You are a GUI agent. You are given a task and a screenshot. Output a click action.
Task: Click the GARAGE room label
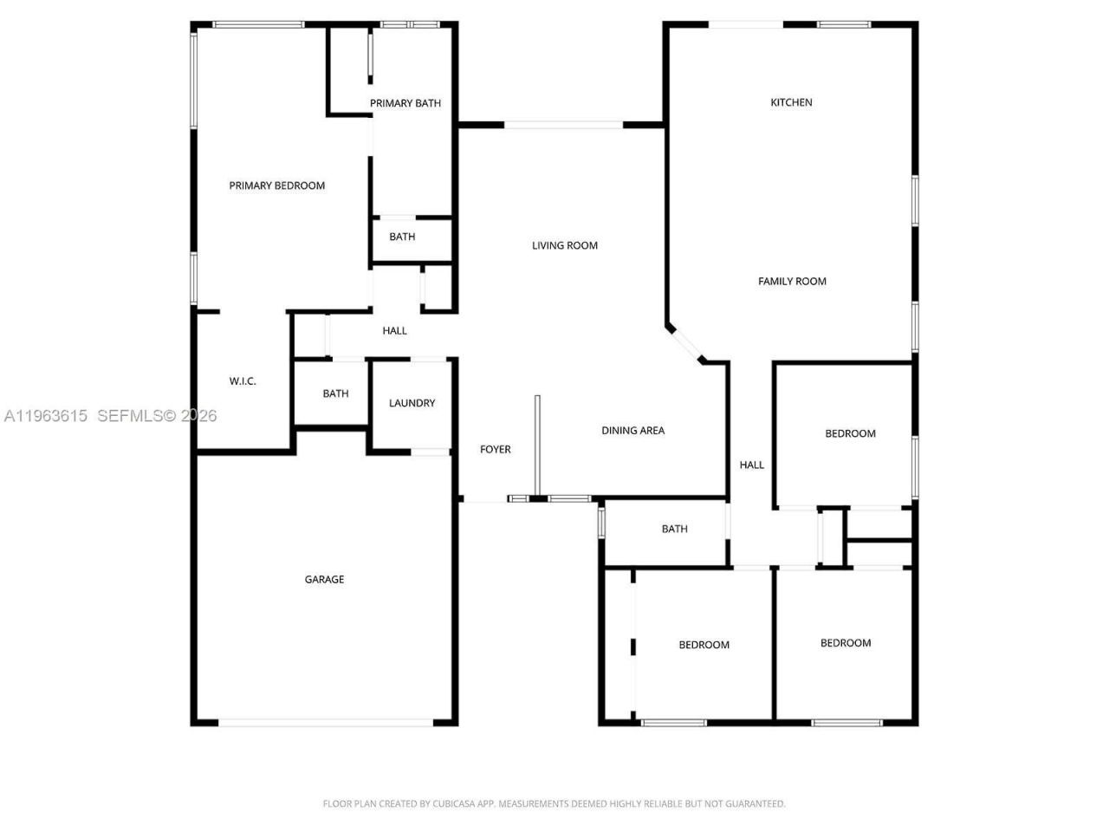pos(324,580)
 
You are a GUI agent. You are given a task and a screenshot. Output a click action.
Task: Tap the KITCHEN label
pos(791,102)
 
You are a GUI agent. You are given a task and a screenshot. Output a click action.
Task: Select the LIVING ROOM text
pos(565,245)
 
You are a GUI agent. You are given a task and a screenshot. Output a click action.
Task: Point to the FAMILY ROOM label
pos(792,281)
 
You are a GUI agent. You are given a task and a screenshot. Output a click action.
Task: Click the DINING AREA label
pos(632,431)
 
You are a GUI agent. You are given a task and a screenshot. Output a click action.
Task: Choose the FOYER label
pos(496,449)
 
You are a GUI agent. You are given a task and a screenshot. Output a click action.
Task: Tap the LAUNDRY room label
pos(412,403)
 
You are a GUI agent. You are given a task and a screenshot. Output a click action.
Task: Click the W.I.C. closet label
pos(243,381)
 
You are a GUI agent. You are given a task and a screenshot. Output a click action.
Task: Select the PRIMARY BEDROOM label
pos(276,185)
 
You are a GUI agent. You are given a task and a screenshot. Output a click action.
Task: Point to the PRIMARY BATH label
pos(405,103)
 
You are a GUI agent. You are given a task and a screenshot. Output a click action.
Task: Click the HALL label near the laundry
pos(394,330)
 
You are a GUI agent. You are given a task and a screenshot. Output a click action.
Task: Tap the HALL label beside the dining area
pos(751,465)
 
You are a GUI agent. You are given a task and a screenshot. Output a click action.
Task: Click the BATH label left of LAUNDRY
pos(335,393)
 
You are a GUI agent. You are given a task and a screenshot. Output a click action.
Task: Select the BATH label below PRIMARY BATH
pos(402,237)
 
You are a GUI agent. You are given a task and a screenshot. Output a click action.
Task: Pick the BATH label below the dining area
pos(674,529)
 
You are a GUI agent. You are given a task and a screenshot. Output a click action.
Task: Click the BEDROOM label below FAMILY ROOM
pos(850,433)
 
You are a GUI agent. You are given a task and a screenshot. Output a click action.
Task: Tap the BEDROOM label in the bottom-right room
pos(846,643)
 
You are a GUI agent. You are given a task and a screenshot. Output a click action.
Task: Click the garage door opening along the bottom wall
pos(326,722)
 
